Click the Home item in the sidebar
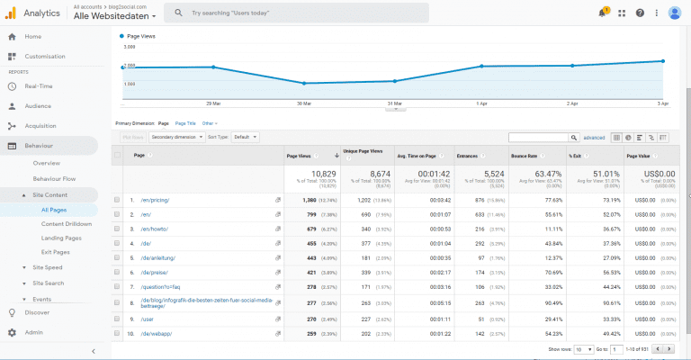32,36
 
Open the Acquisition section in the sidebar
40,126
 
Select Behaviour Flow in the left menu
54,179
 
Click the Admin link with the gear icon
33,332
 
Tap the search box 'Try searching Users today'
270,13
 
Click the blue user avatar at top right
674,13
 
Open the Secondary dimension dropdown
175,137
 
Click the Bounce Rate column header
525,157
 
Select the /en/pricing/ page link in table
155,200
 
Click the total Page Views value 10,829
322,173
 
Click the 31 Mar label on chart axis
394,103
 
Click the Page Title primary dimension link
185,122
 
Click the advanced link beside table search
594,138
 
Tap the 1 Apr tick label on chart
481,103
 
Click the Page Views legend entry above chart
142,37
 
